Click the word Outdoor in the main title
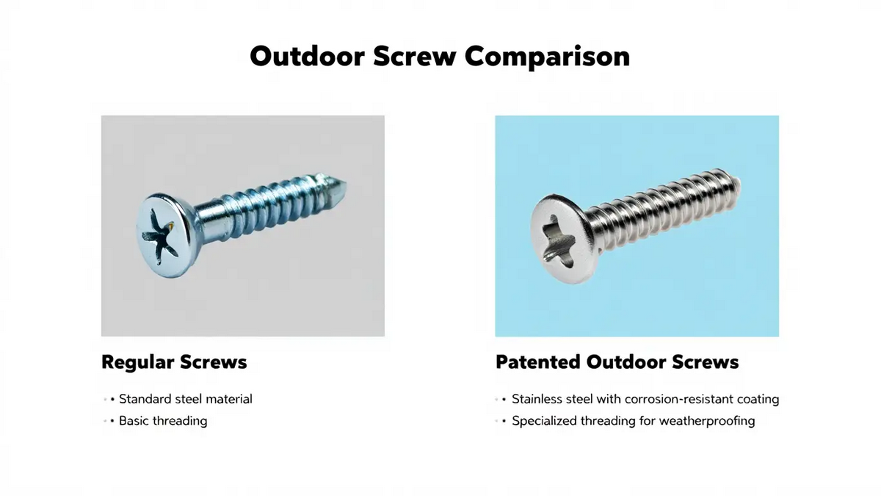click(308, 57)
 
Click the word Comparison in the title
click(548, 57)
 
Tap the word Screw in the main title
click(415, 57)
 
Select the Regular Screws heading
click(174, 362)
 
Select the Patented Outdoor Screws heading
click(617, 362)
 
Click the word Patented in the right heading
click(537, 362)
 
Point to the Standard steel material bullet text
click(186, 399)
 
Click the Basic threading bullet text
click(163, 421)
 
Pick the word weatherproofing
click(707, 421)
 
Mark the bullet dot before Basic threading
click(112, 421)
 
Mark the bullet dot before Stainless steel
click(504, 400)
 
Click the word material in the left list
click(229, 399)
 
